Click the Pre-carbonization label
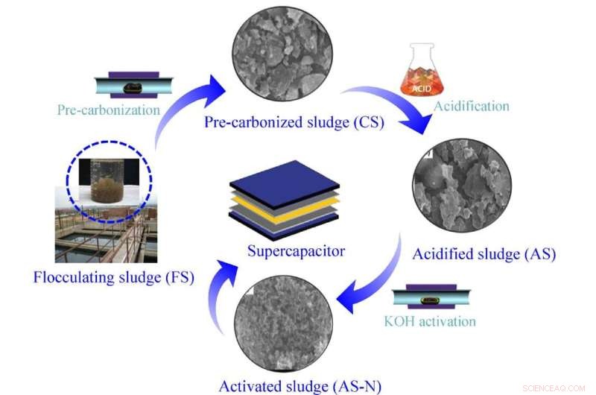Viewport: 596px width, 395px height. (109, 110)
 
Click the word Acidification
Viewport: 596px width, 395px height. (472, 106)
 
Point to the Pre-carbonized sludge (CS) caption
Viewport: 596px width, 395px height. (294, 122)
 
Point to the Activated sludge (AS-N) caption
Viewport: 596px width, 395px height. (300, 386)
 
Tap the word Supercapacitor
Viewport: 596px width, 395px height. (296, 250)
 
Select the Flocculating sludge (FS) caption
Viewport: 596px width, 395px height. (114, 278)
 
